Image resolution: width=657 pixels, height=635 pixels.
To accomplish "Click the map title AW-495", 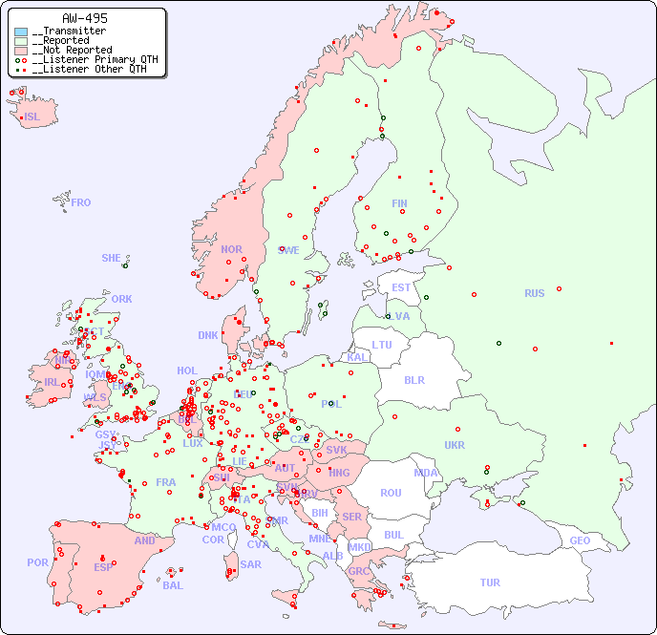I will [84, 18].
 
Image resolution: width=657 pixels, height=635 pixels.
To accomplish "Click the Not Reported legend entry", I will [72, 50].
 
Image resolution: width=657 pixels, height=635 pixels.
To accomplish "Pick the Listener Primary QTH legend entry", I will [88, 59].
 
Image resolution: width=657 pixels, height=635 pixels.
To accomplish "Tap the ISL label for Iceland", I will [32, 117].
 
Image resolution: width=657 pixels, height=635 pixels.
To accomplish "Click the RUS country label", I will [534, 293].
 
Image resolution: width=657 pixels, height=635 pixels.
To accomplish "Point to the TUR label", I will [490, 582].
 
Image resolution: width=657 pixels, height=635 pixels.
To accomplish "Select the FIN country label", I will [399, 203].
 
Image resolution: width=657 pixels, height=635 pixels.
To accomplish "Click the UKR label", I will [455, 445].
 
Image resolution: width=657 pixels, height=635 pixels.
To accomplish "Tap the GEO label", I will [580, 540].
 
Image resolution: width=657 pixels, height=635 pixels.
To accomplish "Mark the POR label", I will [37, 562].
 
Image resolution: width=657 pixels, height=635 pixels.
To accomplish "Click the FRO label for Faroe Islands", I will [81, 202].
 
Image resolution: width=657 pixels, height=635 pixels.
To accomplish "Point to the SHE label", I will [111, 258].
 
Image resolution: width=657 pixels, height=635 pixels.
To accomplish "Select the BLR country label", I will [413, 379].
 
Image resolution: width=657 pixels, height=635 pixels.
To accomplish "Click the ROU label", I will [391, 493].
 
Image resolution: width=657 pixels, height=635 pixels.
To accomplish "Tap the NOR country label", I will [231, 249].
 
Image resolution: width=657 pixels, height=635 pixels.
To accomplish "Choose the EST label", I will [401, 287].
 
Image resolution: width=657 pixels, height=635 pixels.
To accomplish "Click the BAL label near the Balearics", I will [173, 585].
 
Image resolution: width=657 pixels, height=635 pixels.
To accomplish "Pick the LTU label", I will [382, 345].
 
